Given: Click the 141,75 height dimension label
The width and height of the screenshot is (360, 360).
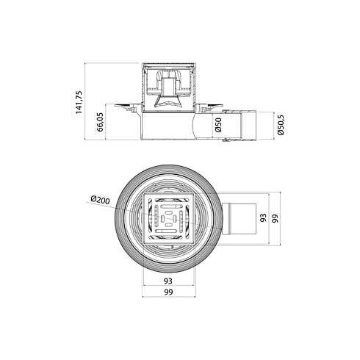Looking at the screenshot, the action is (x=79, y=102).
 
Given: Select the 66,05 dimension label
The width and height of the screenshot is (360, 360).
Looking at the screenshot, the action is (x=101, y=122).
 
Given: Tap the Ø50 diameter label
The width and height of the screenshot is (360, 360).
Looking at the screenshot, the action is (x=218, y=125).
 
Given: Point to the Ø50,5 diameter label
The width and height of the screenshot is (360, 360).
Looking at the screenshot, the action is (x=281, y=125).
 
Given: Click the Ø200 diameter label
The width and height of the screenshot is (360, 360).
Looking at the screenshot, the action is (x=100, y=200).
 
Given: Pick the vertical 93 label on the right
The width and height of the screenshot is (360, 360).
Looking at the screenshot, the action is (x=263, y=217).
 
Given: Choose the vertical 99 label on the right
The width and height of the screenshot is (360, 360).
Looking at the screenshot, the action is (x=275, y=218).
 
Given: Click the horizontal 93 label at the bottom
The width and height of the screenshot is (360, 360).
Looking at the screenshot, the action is (x=168, y=281).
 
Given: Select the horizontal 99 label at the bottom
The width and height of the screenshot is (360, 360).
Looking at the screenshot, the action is (x=168, y=292).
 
